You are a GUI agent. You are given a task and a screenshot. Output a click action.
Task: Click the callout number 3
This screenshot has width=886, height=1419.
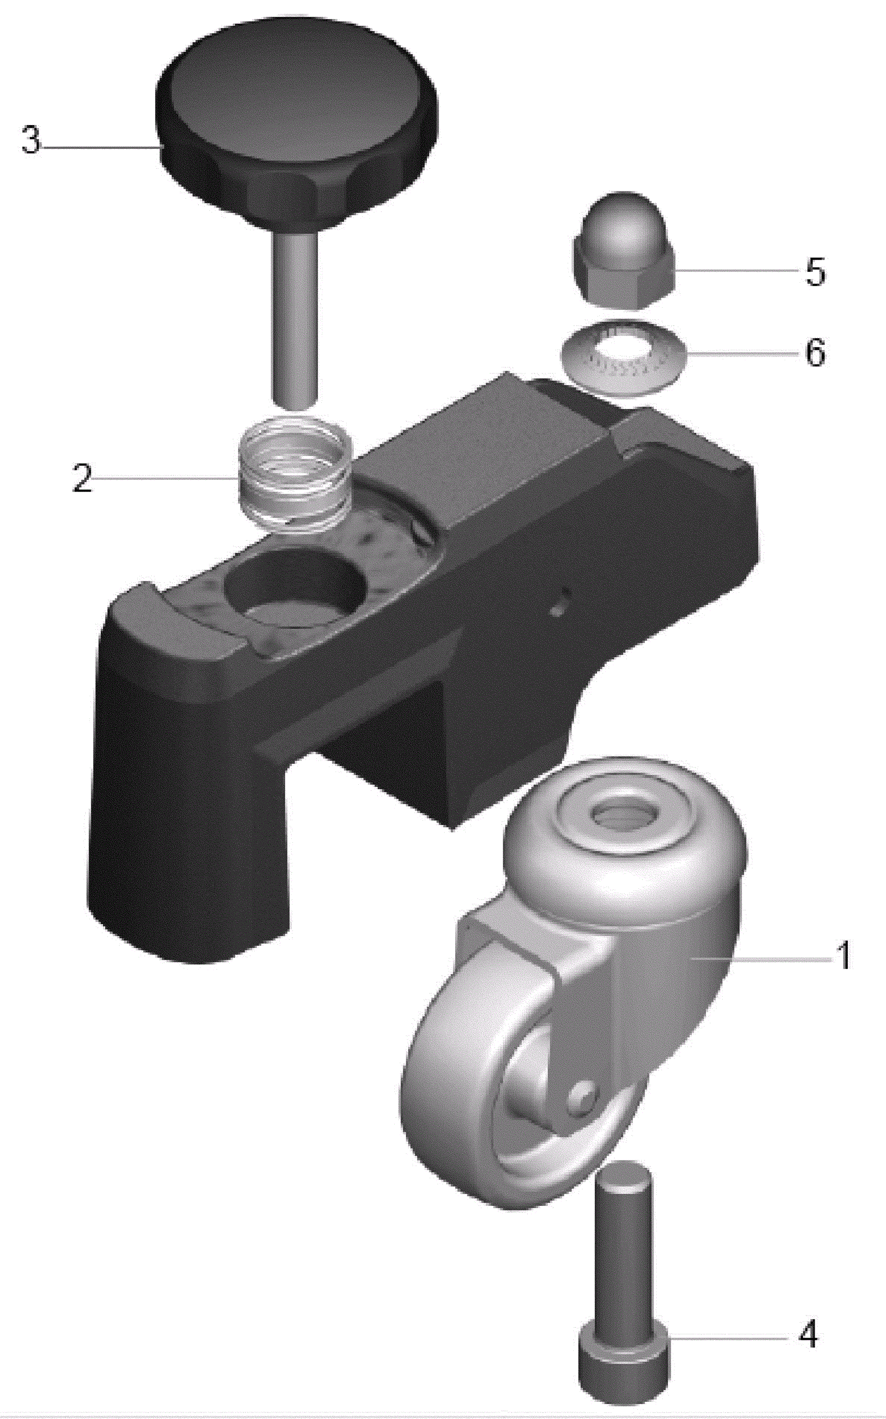pos(32,141)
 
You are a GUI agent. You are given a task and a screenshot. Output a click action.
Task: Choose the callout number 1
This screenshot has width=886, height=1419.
pos(844,955)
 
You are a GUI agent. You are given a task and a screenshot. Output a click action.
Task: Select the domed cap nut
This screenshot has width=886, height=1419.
pos(623,250)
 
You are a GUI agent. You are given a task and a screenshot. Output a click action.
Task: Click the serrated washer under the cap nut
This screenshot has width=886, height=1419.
pos(624,358)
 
